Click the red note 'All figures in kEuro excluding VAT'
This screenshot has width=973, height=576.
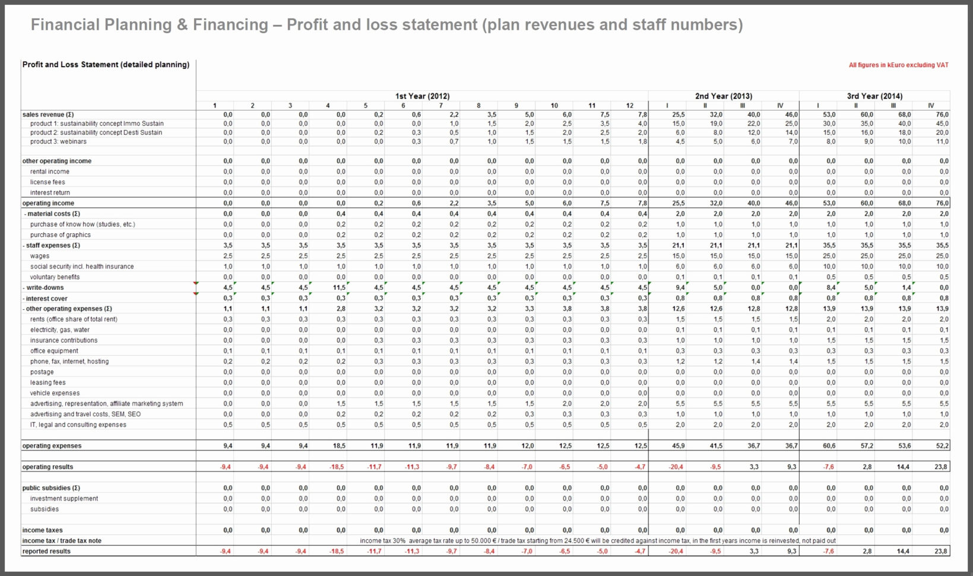pyautogui.click(x=898, y=65)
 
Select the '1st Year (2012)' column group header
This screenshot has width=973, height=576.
pyautogui.click(x=422, y=96)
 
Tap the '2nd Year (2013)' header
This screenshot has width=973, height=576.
pyautogui.click(x=723, y=96)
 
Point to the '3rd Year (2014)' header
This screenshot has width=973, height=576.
pyautogui.click(x=874, y=96)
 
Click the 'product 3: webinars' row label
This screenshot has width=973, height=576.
pyautogui.click(x=58, y=142)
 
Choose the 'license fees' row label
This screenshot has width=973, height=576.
pyautogui.click(x=47, y=182)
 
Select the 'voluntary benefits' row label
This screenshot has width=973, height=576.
pyautogui.click(x=55, y=277)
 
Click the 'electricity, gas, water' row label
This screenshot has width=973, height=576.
pyautogui.click(x=60, y=330)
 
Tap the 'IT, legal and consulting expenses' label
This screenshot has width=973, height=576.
pyautogui.click(x=78, y=425)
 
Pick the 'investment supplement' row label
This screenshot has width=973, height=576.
pyautogui.click(x=64, y=499)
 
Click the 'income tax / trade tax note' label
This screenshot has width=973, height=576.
pyautogui.click(x=62, y=541)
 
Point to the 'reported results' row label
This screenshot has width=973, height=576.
pyautogui.click(x=46, y=552)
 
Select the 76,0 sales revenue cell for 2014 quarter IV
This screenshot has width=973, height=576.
pyautogui.click(x=942, y=115)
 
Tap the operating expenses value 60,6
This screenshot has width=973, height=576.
pyautogui.click(x=829, y=446)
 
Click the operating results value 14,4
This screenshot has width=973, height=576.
pyautogui.click(x=903, y=467)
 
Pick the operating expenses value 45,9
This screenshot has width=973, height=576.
pyautogui.click(x=678, y=446)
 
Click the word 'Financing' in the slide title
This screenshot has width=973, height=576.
pyautogui.click(x=230, y=25)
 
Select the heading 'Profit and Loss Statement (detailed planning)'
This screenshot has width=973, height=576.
pyautogui.click(x=106, y=65)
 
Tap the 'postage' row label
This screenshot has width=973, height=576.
pyautogui.click(x=42, y=372)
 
